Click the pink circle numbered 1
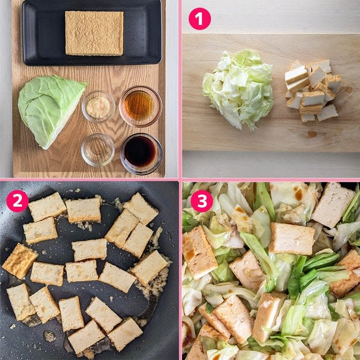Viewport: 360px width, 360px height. tap(199, 19)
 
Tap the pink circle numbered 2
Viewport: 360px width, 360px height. tap(17, 201)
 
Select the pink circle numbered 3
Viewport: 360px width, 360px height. tap(202, 201)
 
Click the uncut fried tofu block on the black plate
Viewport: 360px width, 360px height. tap(94, 33)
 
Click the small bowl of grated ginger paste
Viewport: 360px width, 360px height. tap(98, 107)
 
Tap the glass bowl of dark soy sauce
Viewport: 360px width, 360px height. tap(141, 153)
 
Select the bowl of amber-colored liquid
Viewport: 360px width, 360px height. tap(141, 106)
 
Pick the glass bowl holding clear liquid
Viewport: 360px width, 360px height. tap(98, 150)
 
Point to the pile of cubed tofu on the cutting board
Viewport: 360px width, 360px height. tap(312, 90)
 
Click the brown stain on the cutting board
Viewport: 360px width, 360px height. tap(311, 134)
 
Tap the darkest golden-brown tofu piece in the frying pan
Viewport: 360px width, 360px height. tap(19, 262)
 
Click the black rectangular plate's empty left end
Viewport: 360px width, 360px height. tap(44, 35)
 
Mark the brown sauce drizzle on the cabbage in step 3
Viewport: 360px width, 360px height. tap(298, 194)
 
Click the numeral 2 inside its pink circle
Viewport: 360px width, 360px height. tap(17, 201)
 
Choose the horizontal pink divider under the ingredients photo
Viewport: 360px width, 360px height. tap(89, 180)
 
